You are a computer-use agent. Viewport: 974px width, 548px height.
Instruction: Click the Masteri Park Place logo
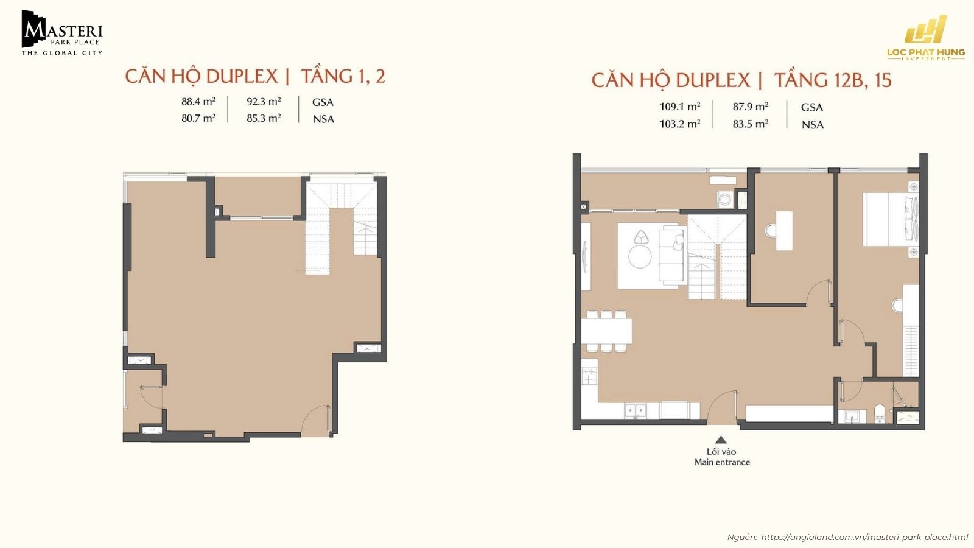click(x=62, y=33)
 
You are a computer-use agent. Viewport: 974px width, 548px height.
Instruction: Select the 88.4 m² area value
click(x=198, y=102)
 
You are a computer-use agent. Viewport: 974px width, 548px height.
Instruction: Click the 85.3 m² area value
click(x=264, y=118)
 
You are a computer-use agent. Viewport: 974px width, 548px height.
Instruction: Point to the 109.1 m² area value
click(x=679, y=107)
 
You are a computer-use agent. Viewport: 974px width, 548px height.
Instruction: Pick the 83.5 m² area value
click(x=750, y=124)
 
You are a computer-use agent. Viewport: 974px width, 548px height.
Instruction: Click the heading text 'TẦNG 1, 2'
click(x=343, y=76)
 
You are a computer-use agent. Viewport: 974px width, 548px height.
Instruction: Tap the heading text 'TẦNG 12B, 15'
click(x=833, y=80)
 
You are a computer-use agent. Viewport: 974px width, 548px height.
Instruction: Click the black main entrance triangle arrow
click(x=721, y=440)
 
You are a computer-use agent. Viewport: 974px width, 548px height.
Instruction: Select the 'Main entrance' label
click(x=722, y=462)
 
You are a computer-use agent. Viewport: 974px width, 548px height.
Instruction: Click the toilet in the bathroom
click(x=880, y=412)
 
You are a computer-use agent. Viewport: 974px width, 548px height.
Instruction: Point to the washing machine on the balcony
click(x=725, y=199)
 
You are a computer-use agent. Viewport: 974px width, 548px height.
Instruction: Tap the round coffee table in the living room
click(x=640, y=256)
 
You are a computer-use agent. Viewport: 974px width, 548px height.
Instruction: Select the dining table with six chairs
click(x=606, y=331)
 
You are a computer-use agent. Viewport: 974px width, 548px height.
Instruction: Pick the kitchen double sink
click(x=636, y=411)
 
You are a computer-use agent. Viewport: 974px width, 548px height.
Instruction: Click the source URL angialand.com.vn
click(x=864, y=537)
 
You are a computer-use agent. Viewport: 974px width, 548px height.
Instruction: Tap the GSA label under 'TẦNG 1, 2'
click(x=323, y=102)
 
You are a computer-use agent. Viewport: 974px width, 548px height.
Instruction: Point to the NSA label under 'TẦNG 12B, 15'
click(x=812, y=125)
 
